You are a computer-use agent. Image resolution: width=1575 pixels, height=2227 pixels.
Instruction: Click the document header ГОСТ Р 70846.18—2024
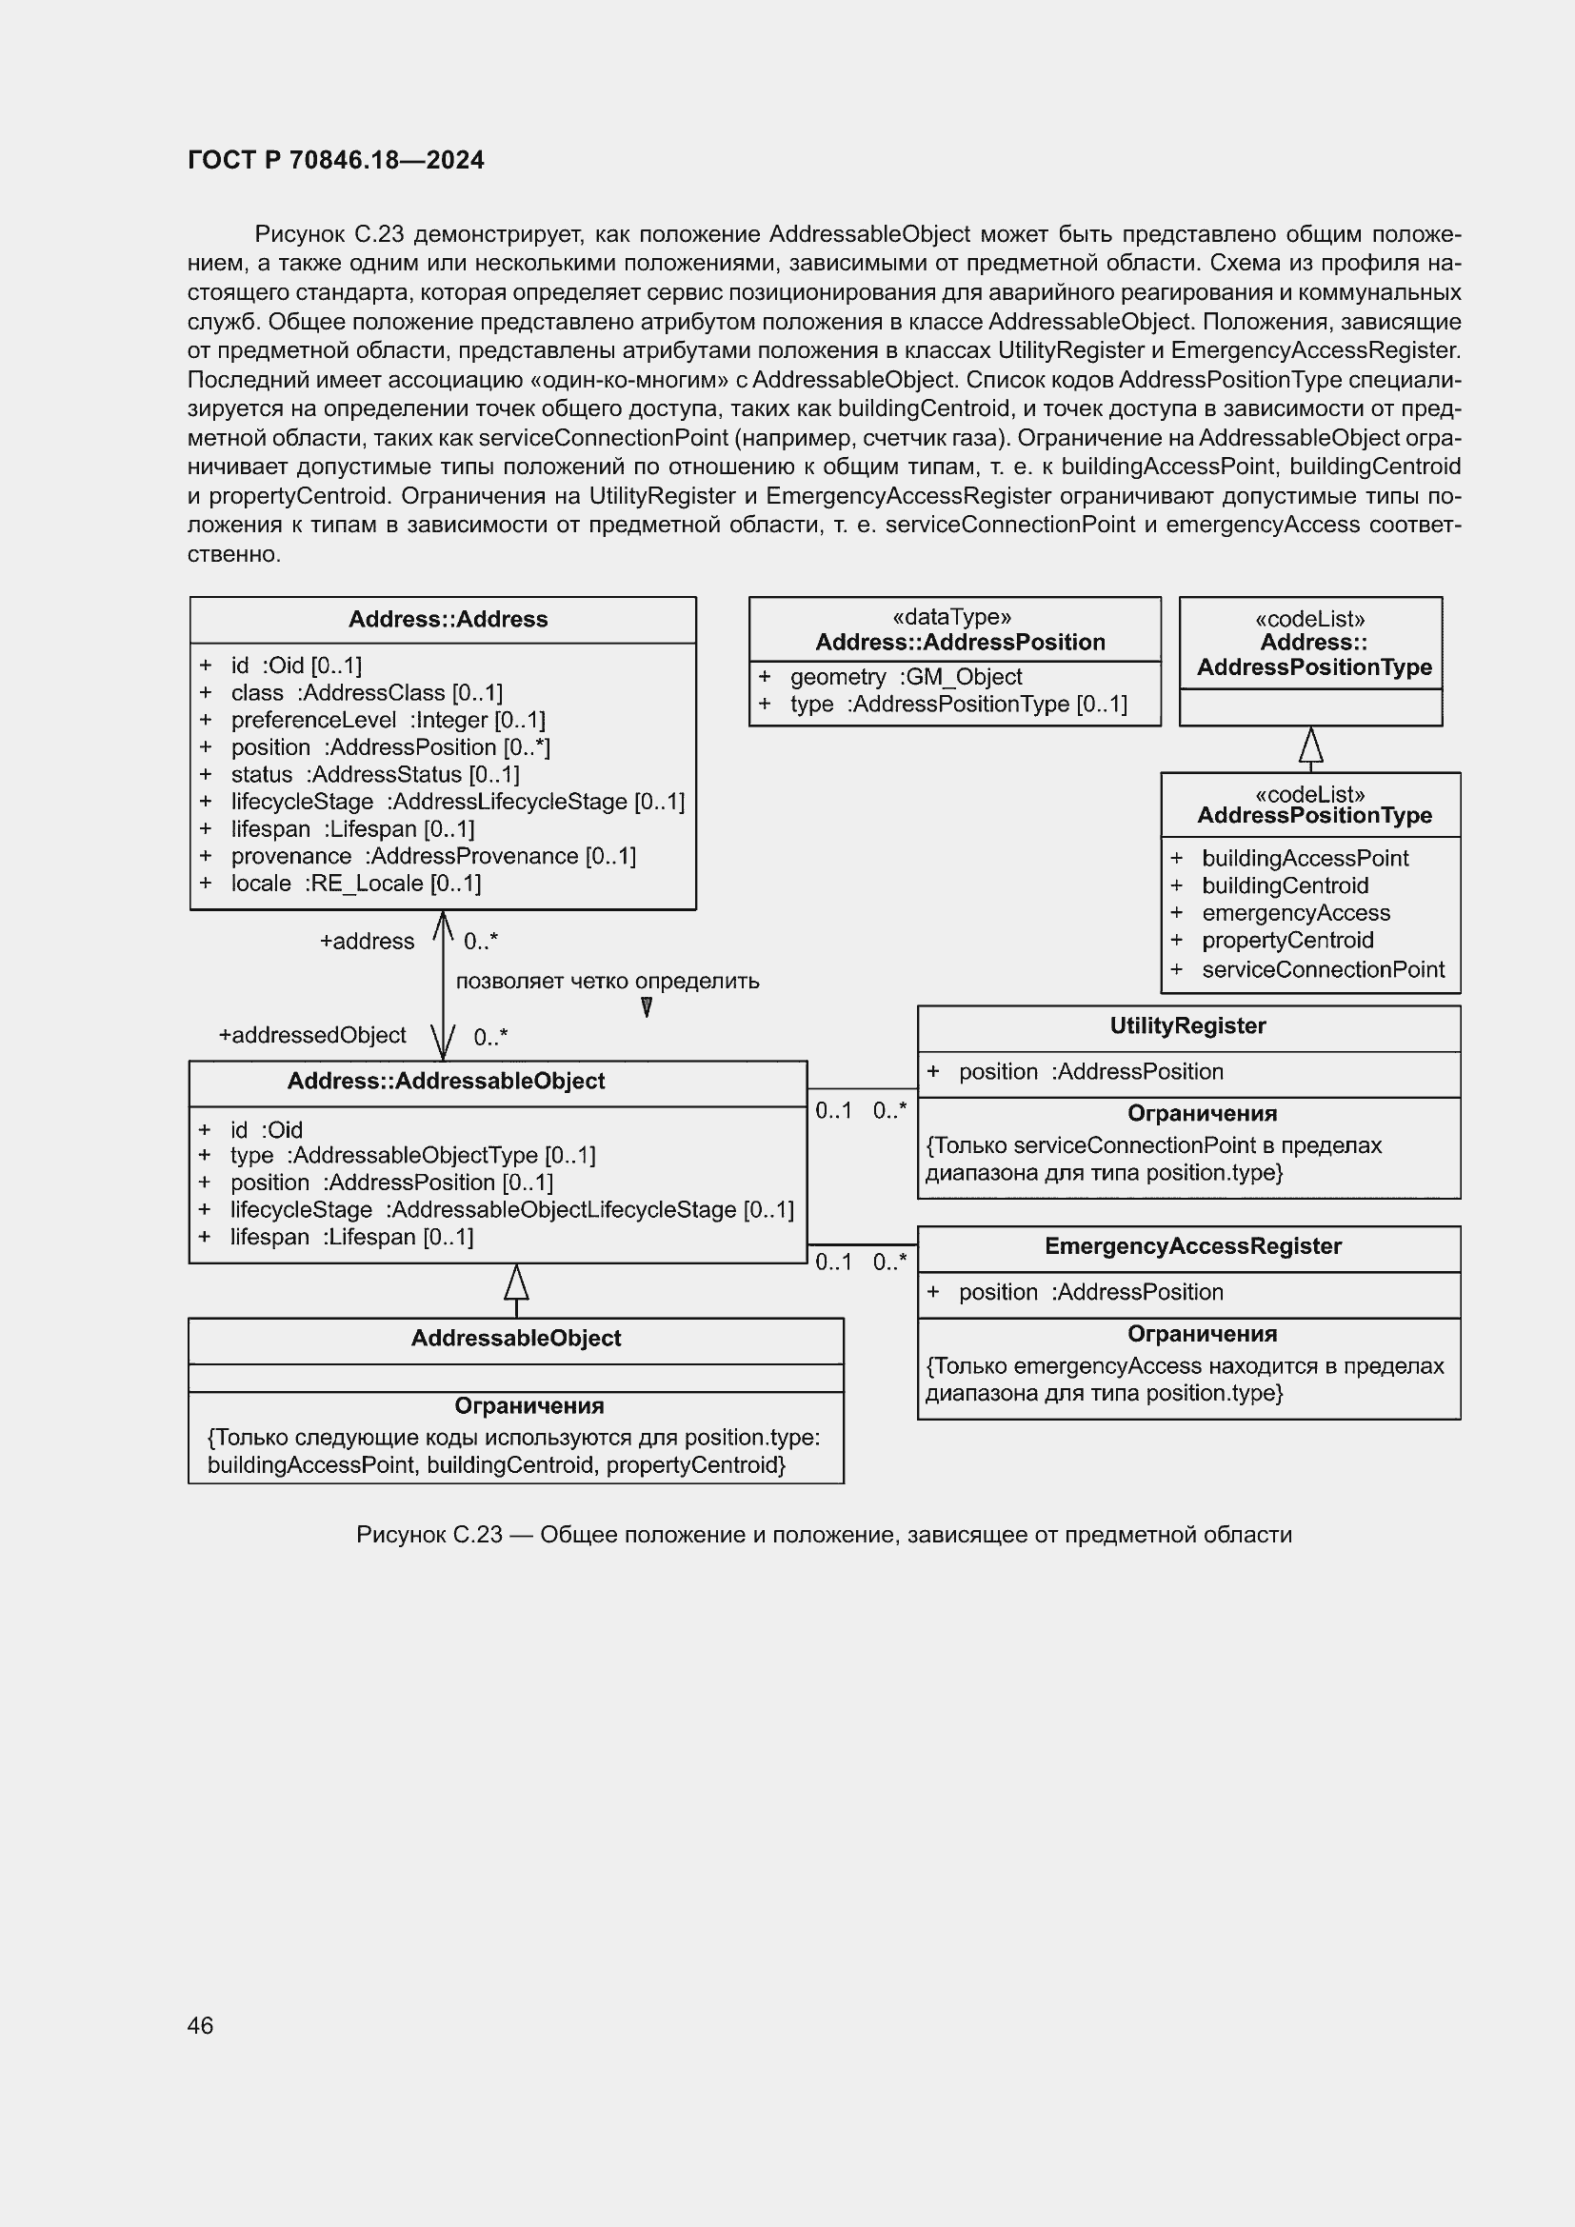335,160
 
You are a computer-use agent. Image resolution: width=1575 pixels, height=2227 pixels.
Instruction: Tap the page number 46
201,2025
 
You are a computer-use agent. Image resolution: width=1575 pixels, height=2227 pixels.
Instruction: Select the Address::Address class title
448,619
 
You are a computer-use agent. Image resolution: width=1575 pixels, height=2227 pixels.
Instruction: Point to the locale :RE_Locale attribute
355,883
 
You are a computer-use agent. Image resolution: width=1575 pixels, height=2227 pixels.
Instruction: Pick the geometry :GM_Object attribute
905,676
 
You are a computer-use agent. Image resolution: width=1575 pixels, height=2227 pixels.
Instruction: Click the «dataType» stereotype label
951,617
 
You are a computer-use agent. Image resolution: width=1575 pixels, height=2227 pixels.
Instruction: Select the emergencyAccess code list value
1295,913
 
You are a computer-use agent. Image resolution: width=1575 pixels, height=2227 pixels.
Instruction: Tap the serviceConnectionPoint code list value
1322,969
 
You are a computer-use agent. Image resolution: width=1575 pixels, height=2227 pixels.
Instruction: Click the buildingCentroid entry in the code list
1284,885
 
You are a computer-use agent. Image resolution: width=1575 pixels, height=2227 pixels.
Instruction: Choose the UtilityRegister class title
1187,1025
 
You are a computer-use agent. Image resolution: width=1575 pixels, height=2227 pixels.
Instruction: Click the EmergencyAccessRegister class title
1192,1246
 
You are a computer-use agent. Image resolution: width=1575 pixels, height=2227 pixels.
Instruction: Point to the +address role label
367,941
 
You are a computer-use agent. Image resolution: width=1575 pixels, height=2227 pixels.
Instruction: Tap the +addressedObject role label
312,1035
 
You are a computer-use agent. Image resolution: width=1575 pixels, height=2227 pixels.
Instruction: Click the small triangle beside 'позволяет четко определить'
647,1007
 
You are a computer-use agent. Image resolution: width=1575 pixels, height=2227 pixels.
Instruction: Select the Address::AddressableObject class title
445,1082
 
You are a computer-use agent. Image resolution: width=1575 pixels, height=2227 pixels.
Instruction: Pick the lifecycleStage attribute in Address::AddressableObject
511,1209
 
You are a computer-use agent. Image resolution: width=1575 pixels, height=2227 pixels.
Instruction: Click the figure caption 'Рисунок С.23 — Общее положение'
824,1535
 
